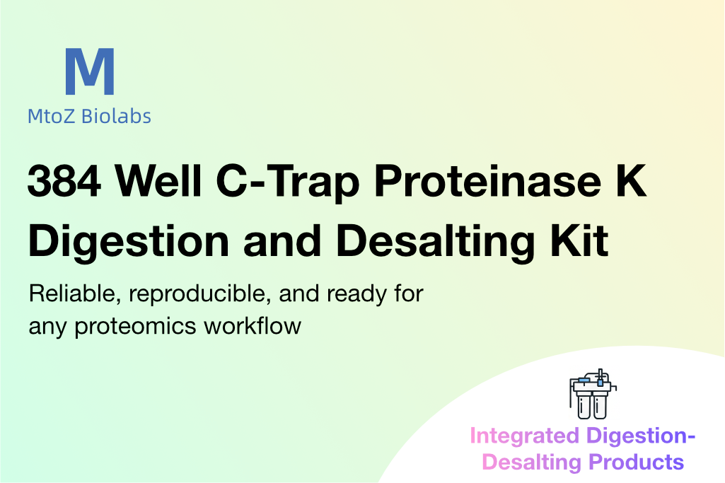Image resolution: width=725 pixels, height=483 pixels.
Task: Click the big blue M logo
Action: click(x=90, y=71)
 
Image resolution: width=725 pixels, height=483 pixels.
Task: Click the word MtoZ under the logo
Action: click(x=51, y=116)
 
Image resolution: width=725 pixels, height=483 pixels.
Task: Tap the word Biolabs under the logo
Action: click(x=116, y=116)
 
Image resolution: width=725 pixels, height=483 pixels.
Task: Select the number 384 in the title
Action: click(x=64, y=181)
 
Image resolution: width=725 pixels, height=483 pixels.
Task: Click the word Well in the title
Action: click(x=158, y=180)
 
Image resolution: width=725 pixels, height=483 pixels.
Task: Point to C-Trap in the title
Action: click(x=288, y=183)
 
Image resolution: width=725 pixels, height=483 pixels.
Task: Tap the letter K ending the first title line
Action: click(x=630, y=181)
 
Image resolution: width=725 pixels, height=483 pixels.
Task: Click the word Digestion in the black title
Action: click(x=129, y=242)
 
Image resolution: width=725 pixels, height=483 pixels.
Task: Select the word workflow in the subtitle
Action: click(x=253, y=325)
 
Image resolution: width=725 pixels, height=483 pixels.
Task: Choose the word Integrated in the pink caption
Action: click(x=524, y=436)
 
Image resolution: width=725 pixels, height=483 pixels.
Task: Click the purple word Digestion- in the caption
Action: click(x=641, y=436)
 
